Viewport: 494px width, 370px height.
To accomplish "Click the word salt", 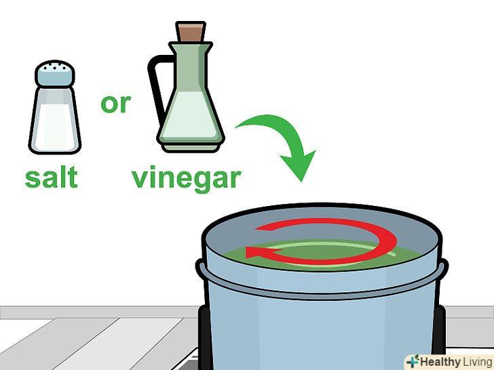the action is (x=51, y=177).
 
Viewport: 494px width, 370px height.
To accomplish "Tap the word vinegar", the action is (x=186, y=178).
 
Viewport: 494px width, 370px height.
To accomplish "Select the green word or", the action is (x=115, y=104).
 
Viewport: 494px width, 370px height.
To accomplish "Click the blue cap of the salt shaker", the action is (x=55, y=73).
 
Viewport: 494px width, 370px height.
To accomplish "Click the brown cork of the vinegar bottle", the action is (x=191, y=31).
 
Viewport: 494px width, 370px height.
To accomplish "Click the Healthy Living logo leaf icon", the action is (x=413, y=361).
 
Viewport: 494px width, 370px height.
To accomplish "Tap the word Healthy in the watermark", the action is (x=440, y=362).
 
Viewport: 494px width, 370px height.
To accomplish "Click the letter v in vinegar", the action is (x=140, y=178).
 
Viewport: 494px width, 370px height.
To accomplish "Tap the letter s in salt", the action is (x=33, y=179).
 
